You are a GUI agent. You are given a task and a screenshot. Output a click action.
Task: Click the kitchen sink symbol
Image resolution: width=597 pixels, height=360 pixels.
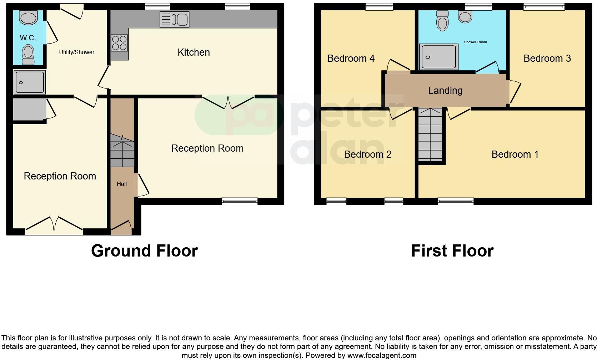click(174, 19)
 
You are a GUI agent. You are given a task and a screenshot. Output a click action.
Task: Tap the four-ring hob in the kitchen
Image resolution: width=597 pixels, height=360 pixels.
click(119, 42)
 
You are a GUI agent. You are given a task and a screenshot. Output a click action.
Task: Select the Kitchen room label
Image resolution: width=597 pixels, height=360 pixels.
click(194, 52)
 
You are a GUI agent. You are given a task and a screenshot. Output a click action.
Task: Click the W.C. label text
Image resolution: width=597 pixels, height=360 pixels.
click(28, 38)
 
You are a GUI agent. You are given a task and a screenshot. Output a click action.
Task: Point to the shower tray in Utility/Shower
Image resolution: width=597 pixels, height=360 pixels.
click(30, 82)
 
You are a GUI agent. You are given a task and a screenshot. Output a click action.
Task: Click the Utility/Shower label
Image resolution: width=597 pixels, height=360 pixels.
click(76, 52)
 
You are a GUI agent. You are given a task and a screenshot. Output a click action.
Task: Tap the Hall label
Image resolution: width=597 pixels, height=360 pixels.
click(122, 184)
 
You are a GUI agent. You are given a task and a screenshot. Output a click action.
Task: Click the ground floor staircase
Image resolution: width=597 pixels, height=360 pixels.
click(122, 151)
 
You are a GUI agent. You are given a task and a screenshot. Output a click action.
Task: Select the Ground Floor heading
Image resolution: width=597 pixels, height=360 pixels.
click(144, 251)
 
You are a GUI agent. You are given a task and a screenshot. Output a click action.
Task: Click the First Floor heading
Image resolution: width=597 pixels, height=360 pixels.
click(452, 251)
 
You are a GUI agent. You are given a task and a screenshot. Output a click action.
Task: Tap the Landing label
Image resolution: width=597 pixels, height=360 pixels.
click(445, 91)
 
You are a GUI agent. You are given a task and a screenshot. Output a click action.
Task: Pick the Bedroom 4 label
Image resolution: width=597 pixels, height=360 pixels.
click(351, 59)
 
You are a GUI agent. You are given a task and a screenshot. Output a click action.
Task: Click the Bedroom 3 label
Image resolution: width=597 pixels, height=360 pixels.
click(547, 59)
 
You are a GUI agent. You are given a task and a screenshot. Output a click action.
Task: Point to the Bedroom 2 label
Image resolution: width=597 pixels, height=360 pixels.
click(367, 154)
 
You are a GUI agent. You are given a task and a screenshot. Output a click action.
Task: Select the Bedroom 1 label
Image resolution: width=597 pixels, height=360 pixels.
click(515, 154)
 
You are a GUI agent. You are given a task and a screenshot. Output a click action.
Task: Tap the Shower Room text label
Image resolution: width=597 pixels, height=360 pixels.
click(475, 42)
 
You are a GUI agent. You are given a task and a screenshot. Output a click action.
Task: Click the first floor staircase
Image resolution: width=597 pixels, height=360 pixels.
click(431, 135)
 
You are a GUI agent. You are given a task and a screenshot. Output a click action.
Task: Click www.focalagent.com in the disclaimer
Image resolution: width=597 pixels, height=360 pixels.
click(381, 355)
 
